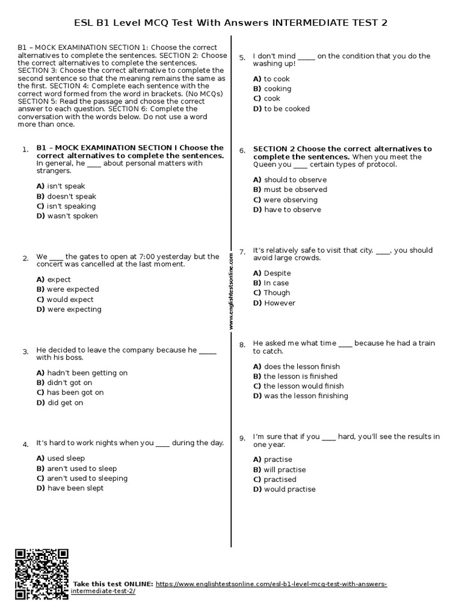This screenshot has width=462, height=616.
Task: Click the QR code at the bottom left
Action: (x=41, y=574)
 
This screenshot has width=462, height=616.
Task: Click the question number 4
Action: (x=25, y=445)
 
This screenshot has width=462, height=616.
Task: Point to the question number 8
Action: (x=242, y=345)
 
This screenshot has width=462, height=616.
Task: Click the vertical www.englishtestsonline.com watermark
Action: (x=230, y=291)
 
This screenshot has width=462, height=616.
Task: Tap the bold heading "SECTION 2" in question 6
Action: (x=274, y=149)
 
